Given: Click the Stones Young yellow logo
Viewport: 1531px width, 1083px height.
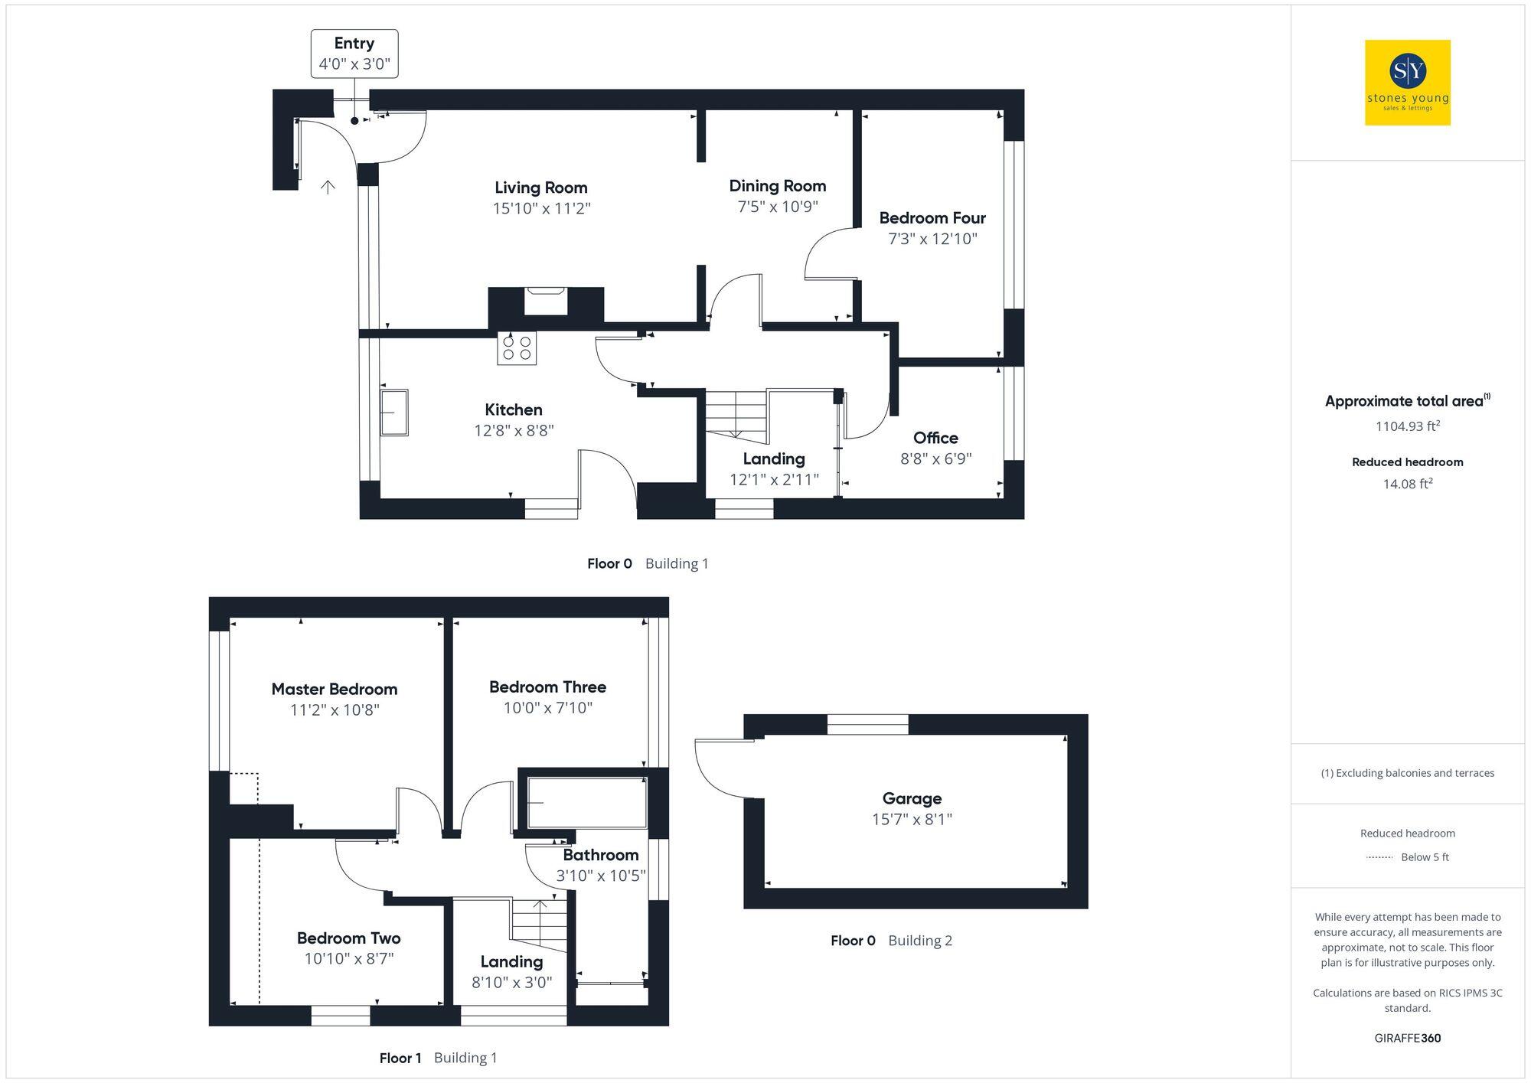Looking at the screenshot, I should (x=1407, y=83).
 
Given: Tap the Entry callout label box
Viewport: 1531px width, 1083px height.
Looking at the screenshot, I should (x=354, y=54).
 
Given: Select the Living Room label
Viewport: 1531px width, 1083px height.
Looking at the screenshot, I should (x=540, y=188).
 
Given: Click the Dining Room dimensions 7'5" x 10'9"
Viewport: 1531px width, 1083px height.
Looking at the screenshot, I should (x=777, y=207).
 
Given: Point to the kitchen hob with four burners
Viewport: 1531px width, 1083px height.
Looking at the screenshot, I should (x=517, y=348).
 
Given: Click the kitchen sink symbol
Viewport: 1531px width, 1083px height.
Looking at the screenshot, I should (x=394, y=413).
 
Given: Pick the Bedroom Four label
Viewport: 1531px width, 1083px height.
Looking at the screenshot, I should (x=932, y=218).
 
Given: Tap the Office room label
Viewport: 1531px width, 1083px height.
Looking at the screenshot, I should (x=935, y=438).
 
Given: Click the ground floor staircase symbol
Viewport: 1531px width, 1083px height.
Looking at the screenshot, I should (x=736, y=415).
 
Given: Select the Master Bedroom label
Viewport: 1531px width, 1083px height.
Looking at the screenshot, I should (x=334, y=689).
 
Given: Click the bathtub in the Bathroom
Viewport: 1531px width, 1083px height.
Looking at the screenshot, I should (x=586, y=803).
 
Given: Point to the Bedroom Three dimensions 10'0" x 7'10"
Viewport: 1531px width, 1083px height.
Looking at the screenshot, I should (x=547, y=708).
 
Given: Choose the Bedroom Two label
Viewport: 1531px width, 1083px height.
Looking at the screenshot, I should (x=348, y=938).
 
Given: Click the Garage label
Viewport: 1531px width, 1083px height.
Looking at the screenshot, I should (x=911, y=798).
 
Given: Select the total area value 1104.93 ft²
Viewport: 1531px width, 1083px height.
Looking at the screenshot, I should (x=1407, y=426).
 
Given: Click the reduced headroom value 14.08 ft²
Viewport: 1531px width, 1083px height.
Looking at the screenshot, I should (x=1407, y=484).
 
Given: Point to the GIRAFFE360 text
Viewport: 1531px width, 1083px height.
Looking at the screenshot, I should (x=1407, y=1038).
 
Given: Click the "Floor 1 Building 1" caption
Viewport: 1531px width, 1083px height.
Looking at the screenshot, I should (x=438, y=1058).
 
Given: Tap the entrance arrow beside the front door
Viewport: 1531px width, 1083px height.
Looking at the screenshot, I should (x=328, y=187).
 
